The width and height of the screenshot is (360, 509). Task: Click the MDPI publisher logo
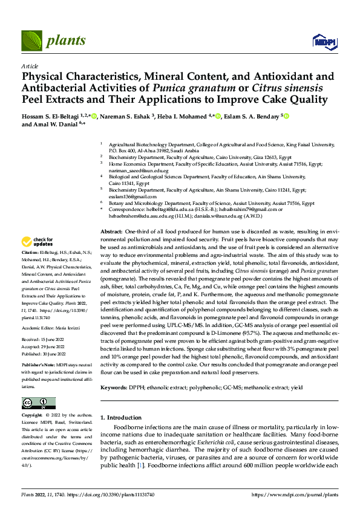click(321, 41)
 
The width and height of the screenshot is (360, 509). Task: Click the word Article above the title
click(30, 66)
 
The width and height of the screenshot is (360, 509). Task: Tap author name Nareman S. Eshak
click(125, 115)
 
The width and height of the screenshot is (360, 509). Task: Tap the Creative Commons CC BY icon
click(38, 403)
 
